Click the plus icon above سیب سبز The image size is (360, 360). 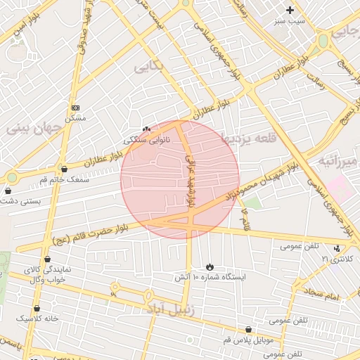coord(290,10)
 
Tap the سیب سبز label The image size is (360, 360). coord(290,21)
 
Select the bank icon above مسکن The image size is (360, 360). coord(76,108)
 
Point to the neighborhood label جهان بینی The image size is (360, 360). coord(35,129)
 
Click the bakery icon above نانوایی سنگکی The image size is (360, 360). coord(146,129)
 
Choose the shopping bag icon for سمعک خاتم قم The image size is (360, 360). coord(64,169)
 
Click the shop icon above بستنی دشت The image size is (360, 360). coord(8,191)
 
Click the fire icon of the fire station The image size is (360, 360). coord(210,266)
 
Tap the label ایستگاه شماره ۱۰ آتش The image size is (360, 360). coord(211,278)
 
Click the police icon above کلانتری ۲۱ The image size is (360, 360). coord(337,248)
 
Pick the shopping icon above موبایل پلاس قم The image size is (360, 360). coord(248,329)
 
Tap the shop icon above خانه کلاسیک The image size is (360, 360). coord(37,308)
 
